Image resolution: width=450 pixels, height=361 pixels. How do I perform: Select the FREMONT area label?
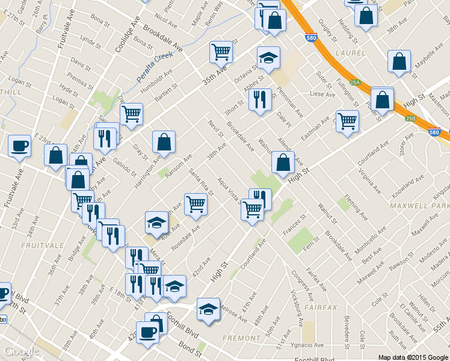tap(241, 338)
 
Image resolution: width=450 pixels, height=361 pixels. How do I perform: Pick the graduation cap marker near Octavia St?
tap(268, 58)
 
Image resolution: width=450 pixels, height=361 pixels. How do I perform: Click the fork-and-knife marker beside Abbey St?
tap(260, 99)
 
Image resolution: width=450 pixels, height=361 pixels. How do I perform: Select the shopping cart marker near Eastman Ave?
tap(347, 121)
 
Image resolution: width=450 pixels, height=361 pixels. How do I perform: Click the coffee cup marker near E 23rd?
tap(19, 146)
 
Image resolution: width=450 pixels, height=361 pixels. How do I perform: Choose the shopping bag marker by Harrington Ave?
tap(164, 143)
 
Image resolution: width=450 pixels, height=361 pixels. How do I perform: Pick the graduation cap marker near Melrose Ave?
tap(208, 309)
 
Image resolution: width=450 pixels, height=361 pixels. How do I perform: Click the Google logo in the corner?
tap(22, 351)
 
